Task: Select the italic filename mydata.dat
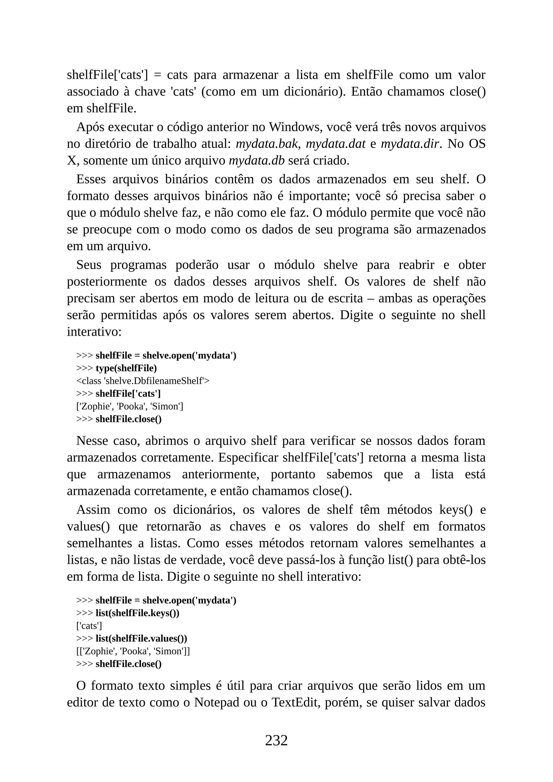click(335, 144)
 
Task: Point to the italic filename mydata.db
click(257, 161)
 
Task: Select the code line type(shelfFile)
click(126, 368)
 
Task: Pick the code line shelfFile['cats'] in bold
click(128, 394)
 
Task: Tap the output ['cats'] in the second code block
click(89, 626)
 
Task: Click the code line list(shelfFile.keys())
click(137, 613)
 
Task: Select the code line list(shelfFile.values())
click(141, 638)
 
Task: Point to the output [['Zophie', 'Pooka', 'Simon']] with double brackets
click(133, 651)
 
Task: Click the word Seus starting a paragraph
click(89, 265)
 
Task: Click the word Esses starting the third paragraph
click(91, 179)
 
